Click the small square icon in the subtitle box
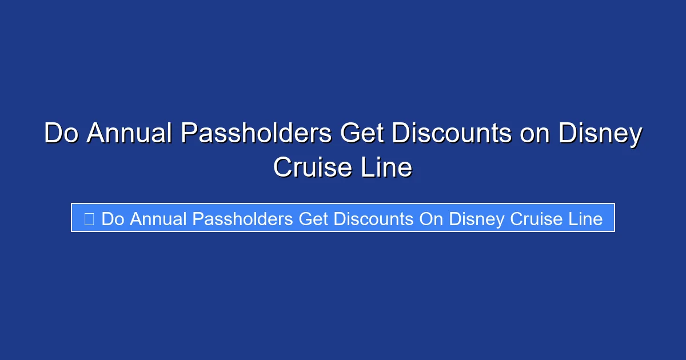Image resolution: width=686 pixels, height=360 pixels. coord(89,218)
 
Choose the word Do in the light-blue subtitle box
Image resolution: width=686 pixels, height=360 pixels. coord(113,218)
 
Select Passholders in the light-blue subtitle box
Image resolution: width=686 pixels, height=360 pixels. coord(243,218)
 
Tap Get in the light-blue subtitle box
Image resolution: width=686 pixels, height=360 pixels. coord(314,218)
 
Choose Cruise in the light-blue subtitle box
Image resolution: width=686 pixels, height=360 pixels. coord(536,218)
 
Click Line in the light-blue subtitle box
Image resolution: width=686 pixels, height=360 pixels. coord(585,218)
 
